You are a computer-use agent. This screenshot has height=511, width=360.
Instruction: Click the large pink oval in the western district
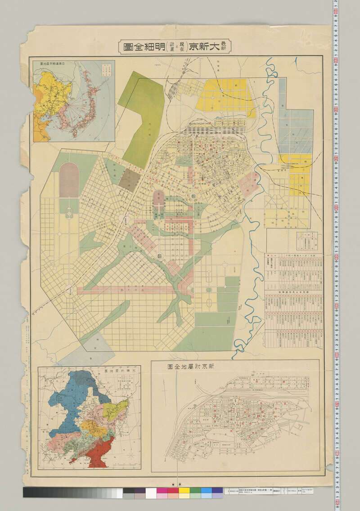pyautogui.click(x=68, y=179)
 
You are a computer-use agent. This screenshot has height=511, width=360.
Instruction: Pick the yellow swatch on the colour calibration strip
pyautogui.click(x=184, y=493)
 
